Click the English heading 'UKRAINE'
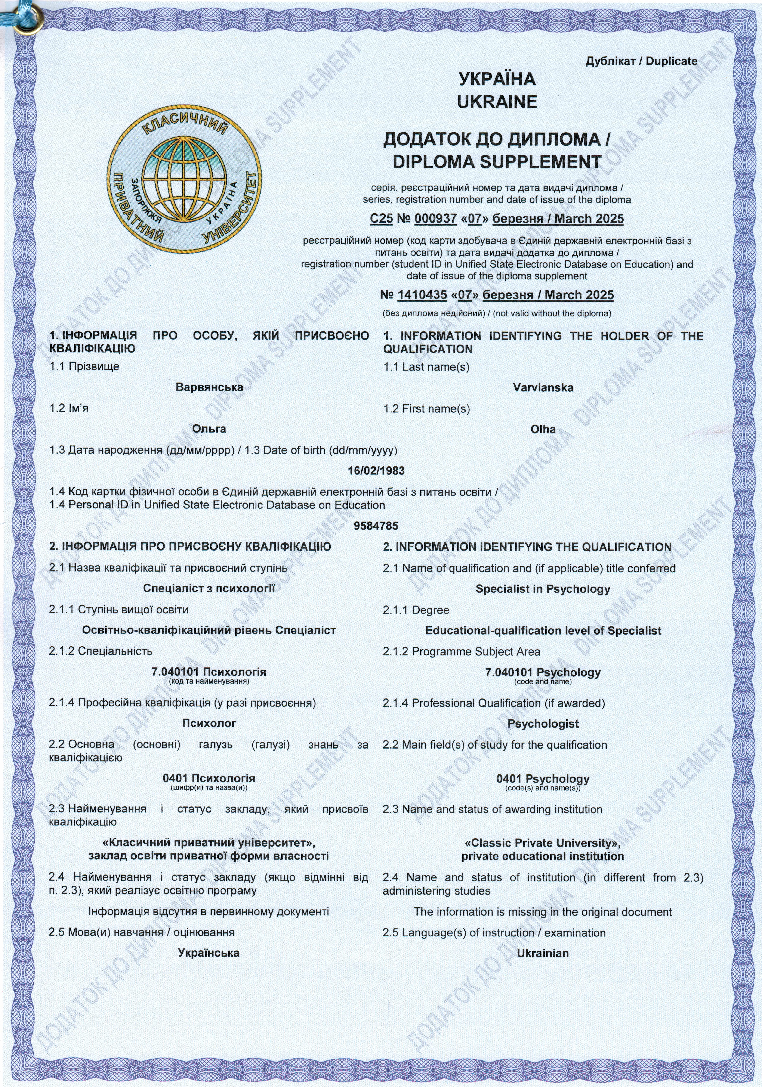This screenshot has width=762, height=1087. click(x=497, y=102)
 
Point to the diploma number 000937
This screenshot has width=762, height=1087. click(x=435, y=219)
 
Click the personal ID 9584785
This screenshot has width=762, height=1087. click(x=376, y=526)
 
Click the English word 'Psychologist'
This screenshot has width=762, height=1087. click(x=543, y=724)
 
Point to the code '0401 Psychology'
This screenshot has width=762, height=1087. click(x=543, y=779)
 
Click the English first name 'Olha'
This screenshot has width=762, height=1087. click(x=543, y=429)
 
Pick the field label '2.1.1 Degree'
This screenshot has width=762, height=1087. click(x=416, y=610)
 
